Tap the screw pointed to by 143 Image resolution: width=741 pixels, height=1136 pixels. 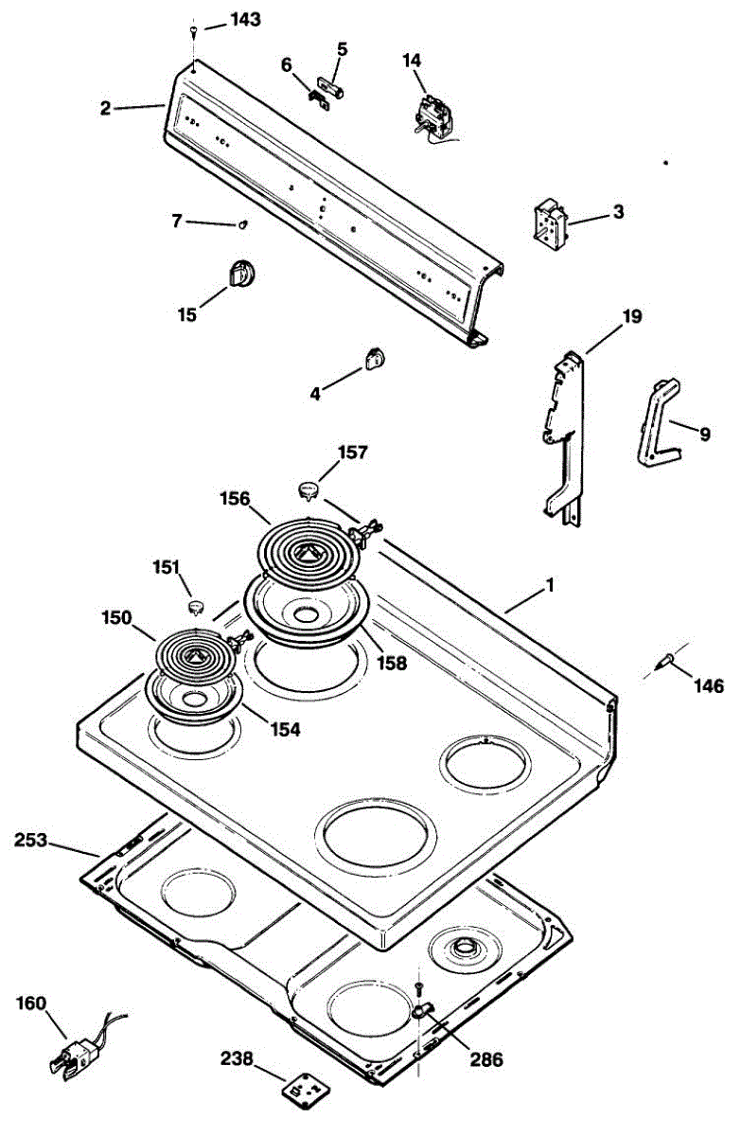coord(193,31)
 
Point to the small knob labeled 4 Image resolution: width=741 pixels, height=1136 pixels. coord(372,357)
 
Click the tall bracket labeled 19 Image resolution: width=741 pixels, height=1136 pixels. coord(565,435)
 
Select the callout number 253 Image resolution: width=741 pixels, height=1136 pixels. coord(35,840)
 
